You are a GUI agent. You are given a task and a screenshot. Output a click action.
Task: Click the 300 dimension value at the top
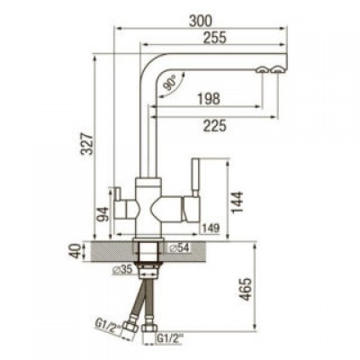201,21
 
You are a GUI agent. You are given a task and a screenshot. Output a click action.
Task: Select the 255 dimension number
214,38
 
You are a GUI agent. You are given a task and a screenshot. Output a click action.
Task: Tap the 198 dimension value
209,99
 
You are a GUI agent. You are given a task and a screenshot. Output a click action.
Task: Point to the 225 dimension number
214,125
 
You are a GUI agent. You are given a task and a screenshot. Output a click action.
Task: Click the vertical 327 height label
88,143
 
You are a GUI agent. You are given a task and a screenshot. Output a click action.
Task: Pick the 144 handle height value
237,202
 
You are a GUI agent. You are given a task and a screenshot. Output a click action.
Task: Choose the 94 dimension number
103,214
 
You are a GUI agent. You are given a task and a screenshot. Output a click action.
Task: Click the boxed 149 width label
211,229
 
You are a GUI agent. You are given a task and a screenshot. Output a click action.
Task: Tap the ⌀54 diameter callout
178,247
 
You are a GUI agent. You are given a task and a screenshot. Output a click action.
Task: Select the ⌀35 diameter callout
121,270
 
